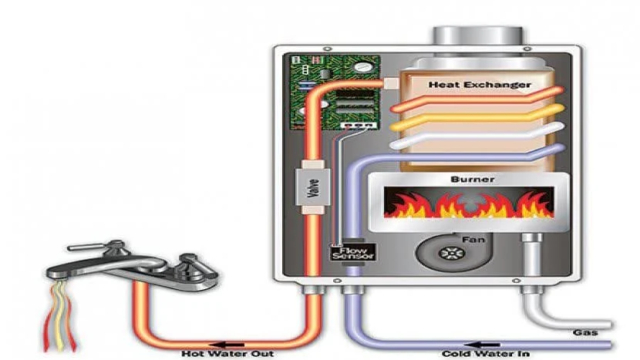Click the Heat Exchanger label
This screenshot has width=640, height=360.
[480, 85]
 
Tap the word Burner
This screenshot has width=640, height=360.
[472, 179]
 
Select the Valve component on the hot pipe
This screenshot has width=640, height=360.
[312, 187]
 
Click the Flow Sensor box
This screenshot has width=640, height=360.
[352, 253]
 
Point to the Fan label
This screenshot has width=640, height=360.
[473, 240]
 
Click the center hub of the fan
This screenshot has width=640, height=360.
[452, 254]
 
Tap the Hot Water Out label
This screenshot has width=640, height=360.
[227, 354]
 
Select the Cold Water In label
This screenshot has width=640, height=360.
[486, 354]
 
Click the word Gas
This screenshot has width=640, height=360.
[585, 333]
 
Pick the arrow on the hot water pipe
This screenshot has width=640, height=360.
[227, 345]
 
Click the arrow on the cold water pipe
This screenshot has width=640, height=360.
[483, 345]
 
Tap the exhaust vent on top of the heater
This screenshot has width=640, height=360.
[477, 36]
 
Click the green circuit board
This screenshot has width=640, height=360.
[335, 93]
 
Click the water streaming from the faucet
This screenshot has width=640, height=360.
[59, 316]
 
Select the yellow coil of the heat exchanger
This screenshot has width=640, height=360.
[477, 117]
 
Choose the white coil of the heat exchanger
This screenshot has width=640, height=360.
[477, 136]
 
